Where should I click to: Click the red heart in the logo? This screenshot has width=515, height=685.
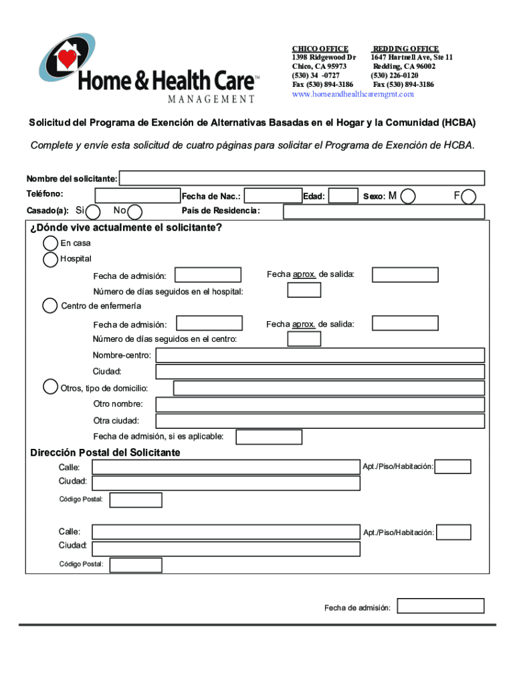68,59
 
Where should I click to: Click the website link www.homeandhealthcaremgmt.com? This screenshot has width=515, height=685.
353,94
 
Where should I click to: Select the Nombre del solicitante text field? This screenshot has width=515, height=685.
302,178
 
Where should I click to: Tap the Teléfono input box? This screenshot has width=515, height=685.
137,195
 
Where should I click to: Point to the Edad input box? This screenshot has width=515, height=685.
344,195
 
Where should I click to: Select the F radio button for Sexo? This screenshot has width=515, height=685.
470,196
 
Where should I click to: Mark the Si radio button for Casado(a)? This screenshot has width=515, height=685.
94,211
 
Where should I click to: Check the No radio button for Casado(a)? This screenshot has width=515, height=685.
134,211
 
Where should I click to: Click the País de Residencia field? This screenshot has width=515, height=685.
384,211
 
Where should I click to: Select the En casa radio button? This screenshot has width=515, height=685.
50,243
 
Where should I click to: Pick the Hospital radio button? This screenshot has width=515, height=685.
50,260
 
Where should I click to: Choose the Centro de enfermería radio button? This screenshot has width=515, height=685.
50,306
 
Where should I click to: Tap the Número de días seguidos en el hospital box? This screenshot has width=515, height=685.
304,290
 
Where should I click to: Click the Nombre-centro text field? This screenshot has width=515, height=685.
320,355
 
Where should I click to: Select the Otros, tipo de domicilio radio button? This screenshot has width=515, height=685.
50,387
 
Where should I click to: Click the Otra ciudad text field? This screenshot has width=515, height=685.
320,421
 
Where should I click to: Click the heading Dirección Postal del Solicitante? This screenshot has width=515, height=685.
105,453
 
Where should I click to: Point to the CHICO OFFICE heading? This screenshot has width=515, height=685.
320,49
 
